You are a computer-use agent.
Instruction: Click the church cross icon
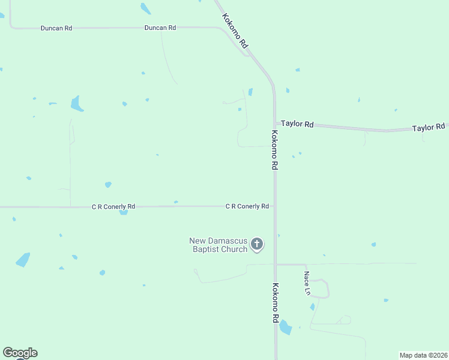[257, 244]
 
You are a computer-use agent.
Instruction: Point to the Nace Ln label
[307, 283]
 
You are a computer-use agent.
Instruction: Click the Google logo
[20, 353]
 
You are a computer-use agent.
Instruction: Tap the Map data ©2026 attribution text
[423, 355]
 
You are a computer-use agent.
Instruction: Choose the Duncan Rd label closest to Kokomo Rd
[160, 28]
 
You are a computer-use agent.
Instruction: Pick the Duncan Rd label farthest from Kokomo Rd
[56, 28]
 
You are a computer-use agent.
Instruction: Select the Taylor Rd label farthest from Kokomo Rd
[429, 127]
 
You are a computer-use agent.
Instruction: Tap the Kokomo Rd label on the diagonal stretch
[235, 31]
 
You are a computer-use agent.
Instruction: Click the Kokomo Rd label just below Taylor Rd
[274, 151]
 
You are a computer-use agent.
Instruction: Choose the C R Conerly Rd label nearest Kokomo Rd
[247, 206]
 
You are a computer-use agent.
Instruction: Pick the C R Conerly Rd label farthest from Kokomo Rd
[113, 206]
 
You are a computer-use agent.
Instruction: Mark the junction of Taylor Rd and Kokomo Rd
[275, 123]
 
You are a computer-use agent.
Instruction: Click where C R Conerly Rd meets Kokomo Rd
[275, 206]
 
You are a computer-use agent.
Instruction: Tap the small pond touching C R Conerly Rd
[123, 212]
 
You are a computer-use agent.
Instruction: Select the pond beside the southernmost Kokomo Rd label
[286, 328]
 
